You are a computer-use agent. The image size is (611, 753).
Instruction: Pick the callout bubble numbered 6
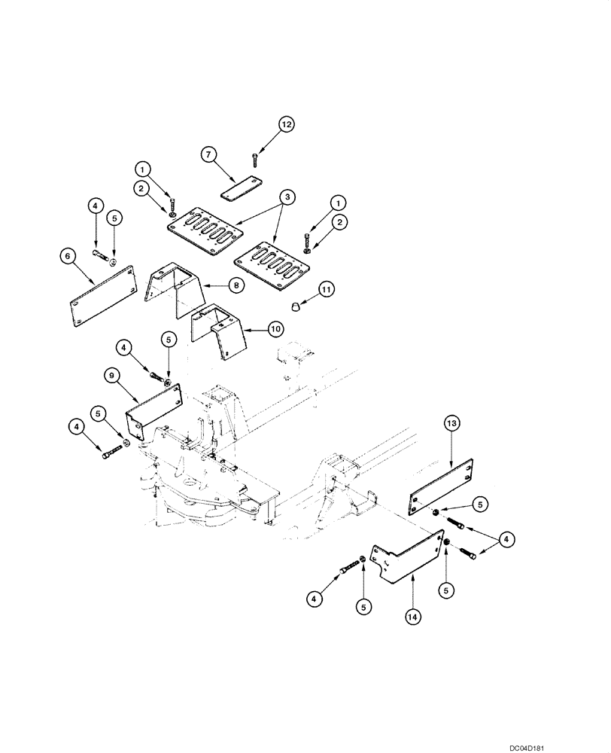coord(68,256)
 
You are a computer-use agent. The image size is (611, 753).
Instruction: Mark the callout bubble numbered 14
coord(412,615)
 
